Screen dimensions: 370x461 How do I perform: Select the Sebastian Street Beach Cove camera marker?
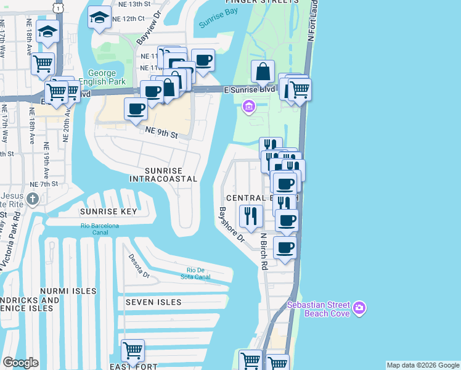(361, 307)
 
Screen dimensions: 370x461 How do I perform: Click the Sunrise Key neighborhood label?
(108, 211)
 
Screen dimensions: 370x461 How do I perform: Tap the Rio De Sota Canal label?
(198, 273)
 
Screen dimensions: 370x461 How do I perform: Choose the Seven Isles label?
(153, 302)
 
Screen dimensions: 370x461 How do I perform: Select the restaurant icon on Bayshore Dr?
(251, 216)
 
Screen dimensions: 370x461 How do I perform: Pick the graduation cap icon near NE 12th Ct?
(99, 18)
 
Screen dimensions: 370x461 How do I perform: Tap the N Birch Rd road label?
(263, 252)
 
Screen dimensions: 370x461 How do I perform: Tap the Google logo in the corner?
(20, 363)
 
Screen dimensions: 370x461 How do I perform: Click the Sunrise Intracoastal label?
(163, 175)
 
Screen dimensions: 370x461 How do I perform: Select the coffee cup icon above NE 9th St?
(136, 110)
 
